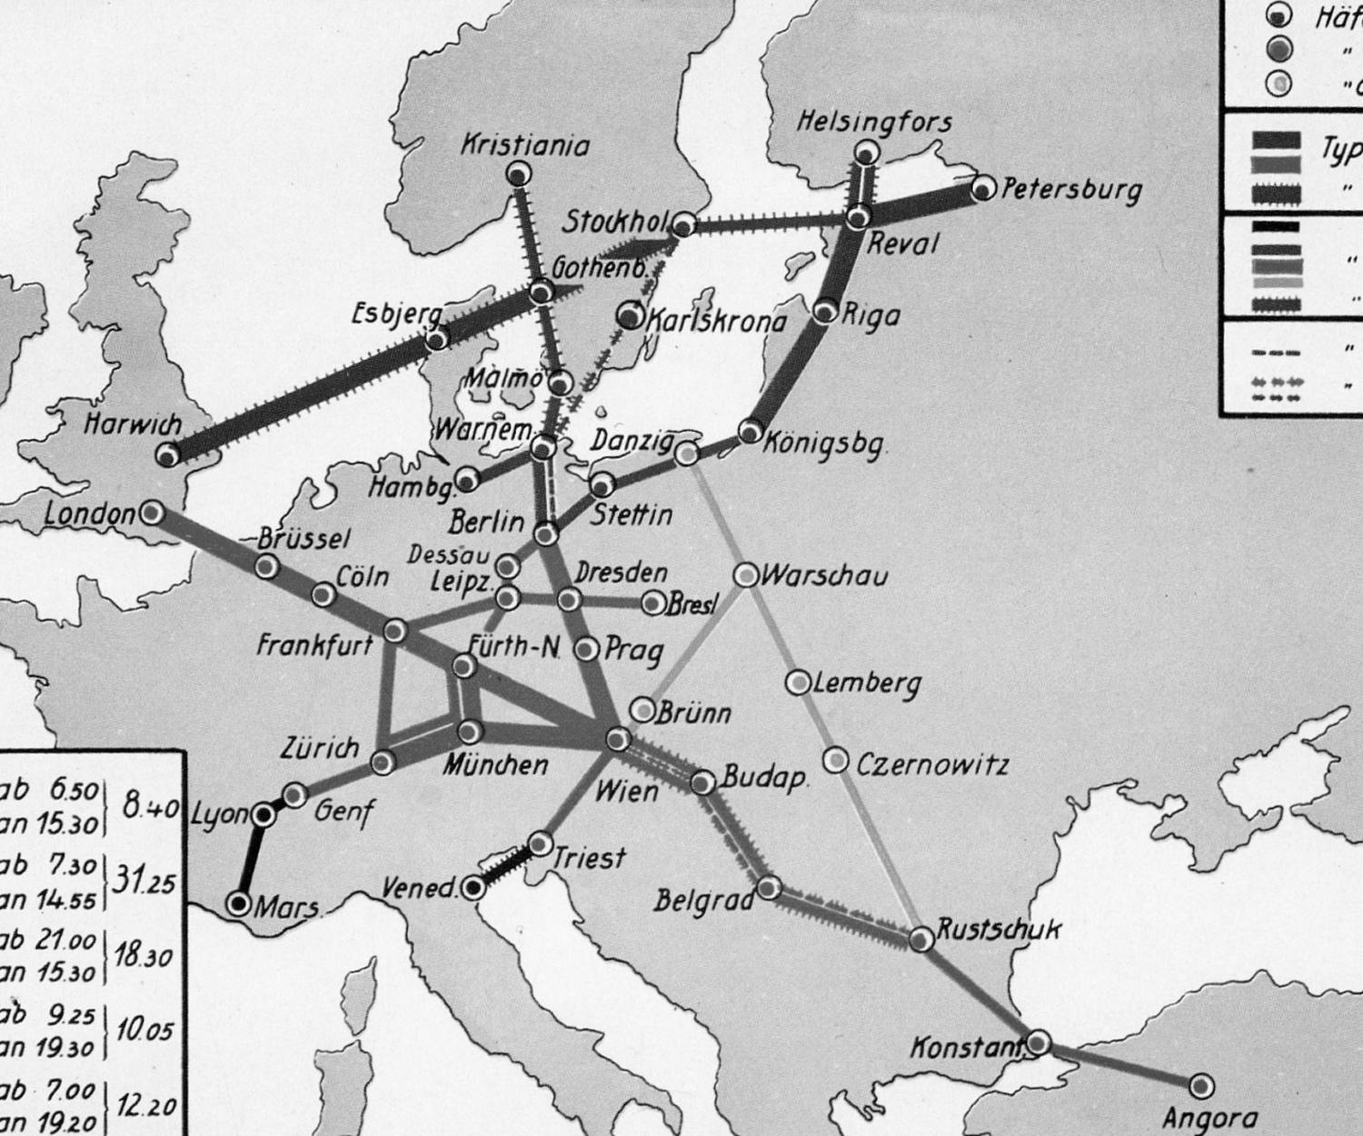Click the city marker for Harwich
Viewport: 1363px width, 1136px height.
click(x=168, y=454)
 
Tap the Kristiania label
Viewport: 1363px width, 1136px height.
click(x=525, y=145)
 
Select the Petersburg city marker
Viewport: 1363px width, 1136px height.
click(x=982, y=189)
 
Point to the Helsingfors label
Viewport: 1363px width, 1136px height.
click(x=874, y=122)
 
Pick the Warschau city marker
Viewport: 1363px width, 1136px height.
click(x=745, y=575)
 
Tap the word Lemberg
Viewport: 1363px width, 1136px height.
click(x=867, y=683)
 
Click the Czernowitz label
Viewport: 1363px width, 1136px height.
click(x=932, y=763)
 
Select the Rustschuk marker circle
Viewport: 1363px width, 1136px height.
click(x=921, y=938)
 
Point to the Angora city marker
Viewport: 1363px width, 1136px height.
click(x=1201, y=1085)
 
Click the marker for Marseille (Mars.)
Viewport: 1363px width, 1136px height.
click(x=240, y=903)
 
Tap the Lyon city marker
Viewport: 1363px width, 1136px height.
click(x=263, y=815)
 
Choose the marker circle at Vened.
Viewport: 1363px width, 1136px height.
click(x=473, y=887)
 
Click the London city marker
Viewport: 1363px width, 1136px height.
click(x=152, y=513)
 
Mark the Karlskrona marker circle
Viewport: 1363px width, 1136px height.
click(x=629, y=315)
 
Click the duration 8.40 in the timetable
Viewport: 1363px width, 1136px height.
click(x=150, y=807)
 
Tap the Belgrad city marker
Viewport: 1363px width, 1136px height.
click(x=769, y=887)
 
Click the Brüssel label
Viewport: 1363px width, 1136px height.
click(x=303, y=539)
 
